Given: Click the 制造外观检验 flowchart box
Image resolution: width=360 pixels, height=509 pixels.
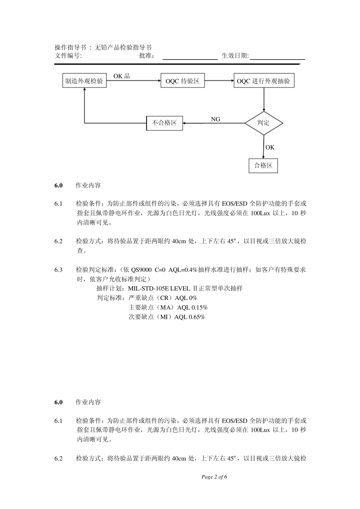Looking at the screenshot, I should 84,81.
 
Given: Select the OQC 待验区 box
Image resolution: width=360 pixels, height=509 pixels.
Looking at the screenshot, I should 182,81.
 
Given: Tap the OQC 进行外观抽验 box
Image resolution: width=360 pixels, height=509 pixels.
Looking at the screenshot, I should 263,81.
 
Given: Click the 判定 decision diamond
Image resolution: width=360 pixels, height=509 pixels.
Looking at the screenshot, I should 263,123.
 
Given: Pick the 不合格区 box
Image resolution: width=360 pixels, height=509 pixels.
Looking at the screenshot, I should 164,123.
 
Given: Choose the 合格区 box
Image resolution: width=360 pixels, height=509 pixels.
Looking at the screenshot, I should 263,166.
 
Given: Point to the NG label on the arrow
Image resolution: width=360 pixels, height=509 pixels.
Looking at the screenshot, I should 215,119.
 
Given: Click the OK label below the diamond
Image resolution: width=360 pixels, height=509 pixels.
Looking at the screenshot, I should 270,147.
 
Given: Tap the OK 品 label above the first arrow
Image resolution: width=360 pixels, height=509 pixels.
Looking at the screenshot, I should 122,76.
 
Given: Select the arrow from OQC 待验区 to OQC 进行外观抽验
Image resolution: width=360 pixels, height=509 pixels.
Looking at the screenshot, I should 219,81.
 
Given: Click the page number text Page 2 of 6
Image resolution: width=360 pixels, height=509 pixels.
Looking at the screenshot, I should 214,477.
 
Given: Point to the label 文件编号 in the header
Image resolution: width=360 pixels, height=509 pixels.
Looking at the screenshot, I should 68,56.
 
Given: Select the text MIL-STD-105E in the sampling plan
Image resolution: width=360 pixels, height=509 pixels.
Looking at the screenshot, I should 148,288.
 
